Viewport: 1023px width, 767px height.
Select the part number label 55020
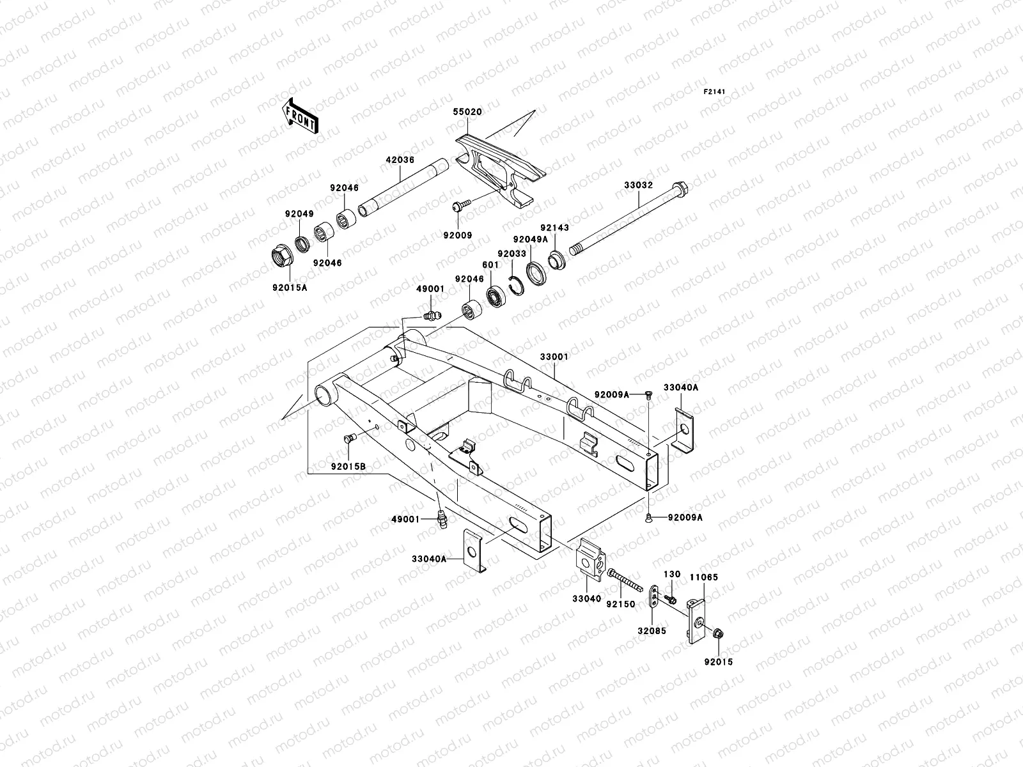click(x=467, y=112)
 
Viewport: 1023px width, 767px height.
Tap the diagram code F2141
click(x=714, y=92)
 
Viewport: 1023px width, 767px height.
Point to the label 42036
click(x=400, y=160)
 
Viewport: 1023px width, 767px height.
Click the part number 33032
click(x=639, y=185)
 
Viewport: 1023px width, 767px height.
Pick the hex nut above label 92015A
click(x=282, y=256)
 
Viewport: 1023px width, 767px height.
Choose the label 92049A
click(x=531, y=239)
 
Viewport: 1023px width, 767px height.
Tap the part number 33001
click(x=554, y=357)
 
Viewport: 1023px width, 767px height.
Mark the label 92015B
click(x=348, y=466)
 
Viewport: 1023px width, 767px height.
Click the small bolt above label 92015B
click(x=350, y=438)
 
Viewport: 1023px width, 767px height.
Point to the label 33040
click(x=587, y=599)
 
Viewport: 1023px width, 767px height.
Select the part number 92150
click(x=621, y=604)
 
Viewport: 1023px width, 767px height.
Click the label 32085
click(x=652, y=631)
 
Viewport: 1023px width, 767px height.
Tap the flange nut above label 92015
click(x=718, y=633)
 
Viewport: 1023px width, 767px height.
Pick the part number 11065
click(x=704, y=577)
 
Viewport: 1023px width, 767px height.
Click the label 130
click(x=672, y=575)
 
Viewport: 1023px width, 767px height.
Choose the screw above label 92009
click(x=462, y=205)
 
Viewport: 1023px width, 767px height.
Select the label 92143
click(x=554, y=228)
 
